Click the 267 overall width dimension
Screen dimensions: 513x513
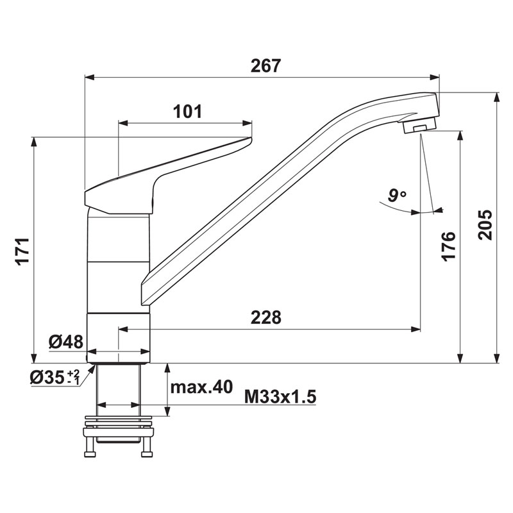265,66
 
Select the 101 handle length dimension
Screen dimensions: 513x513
187,112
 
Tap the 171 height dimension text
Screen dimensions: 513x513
24,251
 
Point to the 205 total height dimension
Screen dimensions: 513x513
485,225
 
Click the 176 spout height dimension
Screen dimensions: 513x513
448,246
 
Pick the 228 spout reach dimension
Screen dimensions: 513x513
265,317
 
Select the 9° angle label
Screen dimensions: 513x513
397,196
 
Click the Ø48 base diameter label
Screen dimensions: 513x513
66,342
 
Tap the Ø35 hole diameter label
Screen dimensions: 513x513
55,378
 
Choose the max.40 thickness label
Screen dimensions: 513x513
201,387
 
